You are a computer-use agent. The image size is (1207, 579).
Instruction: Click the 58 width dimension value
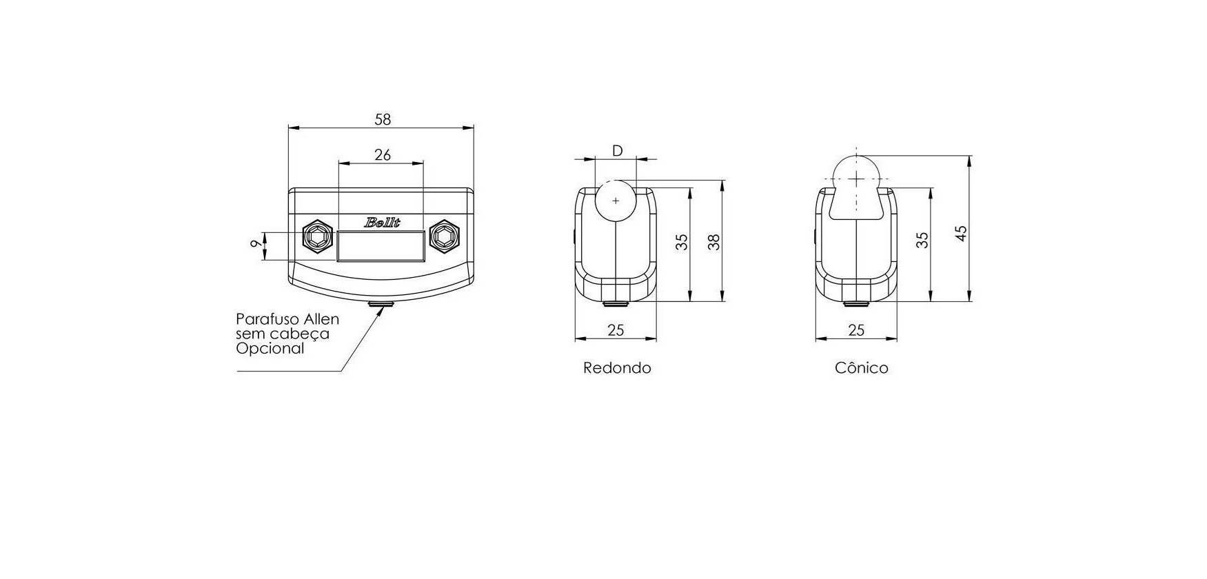[x=383, y=119]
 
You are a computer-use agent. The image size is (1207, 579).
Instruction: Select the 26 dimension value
[x=383, y=155]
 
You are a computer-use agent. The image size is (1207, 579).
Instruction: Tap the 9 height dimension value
[x=256, y=243]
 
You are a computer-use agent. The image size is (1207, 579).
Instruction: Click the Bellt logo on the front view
[x=383, y=223]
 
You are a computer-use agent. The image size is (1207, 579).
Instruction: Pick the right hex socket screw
[x=443, y=238]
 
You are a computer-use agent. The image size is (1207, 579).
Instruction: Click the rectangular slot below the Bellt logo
[x=381, y=247]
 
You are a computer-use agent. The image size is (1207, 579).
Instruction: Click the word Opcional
[x=270, y=349]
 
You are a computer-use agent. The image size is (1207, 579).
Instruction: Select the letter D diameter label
[x=618, y=150]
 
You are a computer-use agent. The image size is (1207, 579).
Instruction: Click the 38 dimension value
[x=714, y=242]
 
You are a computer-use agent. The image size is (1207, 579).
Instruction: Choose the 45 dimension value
[x=962, y=233]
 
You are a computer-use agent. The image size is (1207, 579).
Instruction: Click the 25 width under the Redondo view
[x=616, y=330]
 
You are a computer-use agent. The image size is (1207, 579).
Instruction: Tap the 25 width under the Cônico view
[x=856, y=330]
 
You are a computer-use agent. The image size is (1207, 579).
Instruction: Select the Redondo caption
[x=617, y=368]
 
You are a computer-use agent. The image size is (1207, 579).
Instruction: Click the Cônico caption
[x=861, y=368]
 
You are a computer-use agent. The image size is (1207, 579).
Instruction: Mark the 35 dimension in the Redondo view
[x=682, y=242]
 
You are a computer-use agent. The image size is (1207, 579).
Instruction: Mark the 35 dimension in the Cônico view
[x=922, y=240]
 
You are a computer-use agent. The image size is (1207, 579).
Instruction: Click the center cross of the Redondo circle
[x=616, y=200]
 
